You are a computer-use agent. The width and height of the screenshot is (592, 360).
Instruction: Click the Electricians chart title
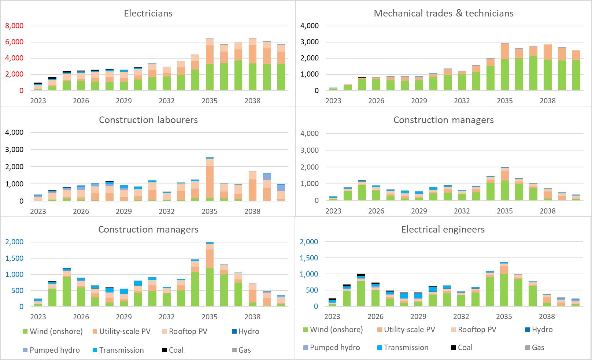tap(148, 14)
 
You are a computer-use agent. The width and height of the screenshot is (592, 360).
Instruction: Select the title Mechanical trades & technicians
tap(443, 14)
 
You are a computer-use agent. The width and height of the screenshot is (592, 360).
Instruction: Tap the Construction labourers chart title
tap(148, 120)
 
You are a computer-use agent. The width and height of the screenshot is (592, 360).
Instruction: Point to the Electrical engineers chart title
tap(443, 230)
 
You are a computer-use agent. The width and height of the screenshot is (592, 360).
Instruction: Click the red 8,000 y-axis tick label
tap(14, 26)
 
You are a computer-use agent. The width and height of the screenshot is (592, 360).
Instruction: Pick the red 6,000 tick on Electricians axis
tap(14, 42)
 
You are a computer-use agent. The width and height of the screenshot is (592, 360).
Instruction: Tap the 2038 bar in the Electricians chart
tap(252, 64)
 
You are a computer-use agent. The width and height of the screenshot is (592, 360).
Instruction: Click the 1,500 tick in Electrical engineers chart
tap(309, 258)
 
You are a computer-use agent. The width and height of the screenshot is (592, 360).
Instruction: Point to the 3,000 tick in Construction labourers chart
tap(14, 150)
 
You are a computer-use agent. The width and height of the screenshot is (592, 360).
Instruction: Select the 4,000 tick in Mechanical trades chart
tap(310, 26)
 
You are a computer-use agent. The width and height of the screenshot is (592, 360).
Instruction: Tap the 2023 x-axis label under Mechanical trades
tap(333, 101)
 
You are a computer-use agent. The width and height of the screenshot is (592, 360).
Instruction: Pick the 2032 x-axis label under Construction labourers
tap(166, 211)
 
